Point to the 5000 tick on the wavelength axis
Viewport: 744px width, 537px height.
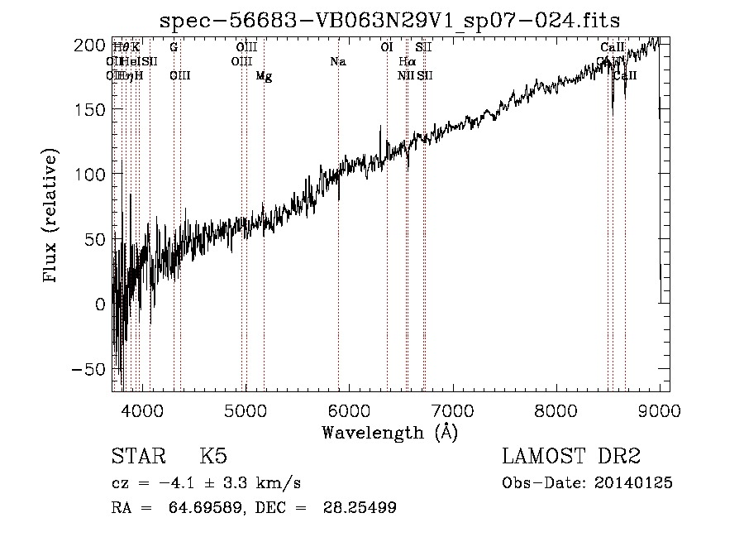pyautogui.click(x=246, y=409)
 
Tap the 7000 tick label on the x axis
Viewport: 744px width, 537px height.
pyautogui.click(x=452, y=409)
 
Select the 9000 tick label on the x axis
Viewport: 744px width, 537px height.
pyautogui.click(x=659, y=409)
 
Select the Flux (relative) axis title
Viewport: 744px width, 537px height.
pyautogui.click(x=51, y=217)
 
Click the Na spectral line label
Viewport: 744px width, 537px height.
pyautogui.click(x=337, y=62)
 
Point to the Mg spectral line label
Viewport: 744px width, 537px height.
pyautogui.click(x=264, y=76)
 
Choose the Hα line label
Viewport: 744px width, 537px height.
pyautogui.click(x=406, y=62)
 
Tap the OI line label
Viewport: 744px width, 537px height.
pyautogui.click(x=386, y=47)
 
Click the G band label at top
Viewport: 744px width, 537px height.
pyautogui.click(x=174, y=47)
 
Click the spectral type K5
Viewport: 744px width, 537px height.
pyautogui.click(x=213, y=457)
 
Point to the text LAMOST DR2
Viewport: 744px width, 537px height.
pyautogui.click(x=571, y=457)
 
